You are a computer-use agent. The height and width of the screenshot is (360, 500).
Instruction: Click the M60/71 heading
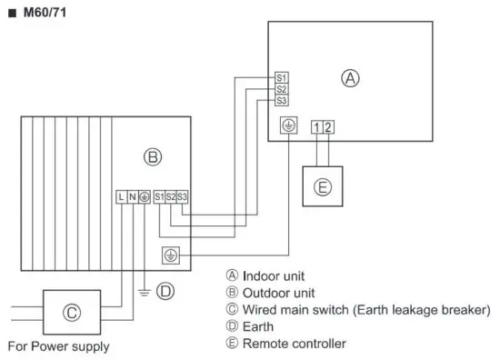pyautogui.click(x=39, y=14)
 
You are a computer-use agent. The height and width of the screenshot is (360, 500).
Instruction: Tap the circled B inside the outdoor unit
pyautogui.click(x=153, y=157)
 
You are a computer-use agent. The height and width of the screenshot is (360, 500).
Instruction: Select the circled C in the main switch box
pyautogui.click(x=72, y=313)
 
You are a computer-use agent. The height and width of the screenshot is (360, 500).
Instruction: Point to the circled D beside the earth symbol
pyautogui.click(x=165, y=292)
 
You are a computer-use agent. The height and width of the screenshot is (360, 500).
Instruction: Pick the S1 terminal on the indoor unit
pyautogui.click(x=282, y=78)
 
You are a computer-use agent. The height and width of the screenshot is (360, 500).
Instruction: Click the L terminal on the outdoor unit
pyautogui.click(x=121, y=195)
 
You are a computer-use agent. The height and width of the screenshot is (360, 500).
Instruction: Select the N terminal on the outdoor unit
pyautogui.click(x=133, y=195)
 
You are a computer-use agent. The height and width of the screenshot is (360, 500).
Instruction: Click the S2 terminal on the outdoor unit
pyautogui.click(x=171, y=195)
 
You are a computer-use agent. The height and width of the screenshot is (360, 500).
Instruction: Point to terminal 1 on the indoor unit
pyautogui.click(x=315, y=126)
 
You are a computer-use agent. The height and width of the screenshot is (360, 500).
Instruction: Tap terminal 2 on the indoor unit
pyautogui.click(x=327, y=126)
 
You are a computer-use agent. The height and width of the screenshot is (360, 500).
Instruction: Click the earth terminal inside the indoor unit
pyautogui.click(x=288, y=126)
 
